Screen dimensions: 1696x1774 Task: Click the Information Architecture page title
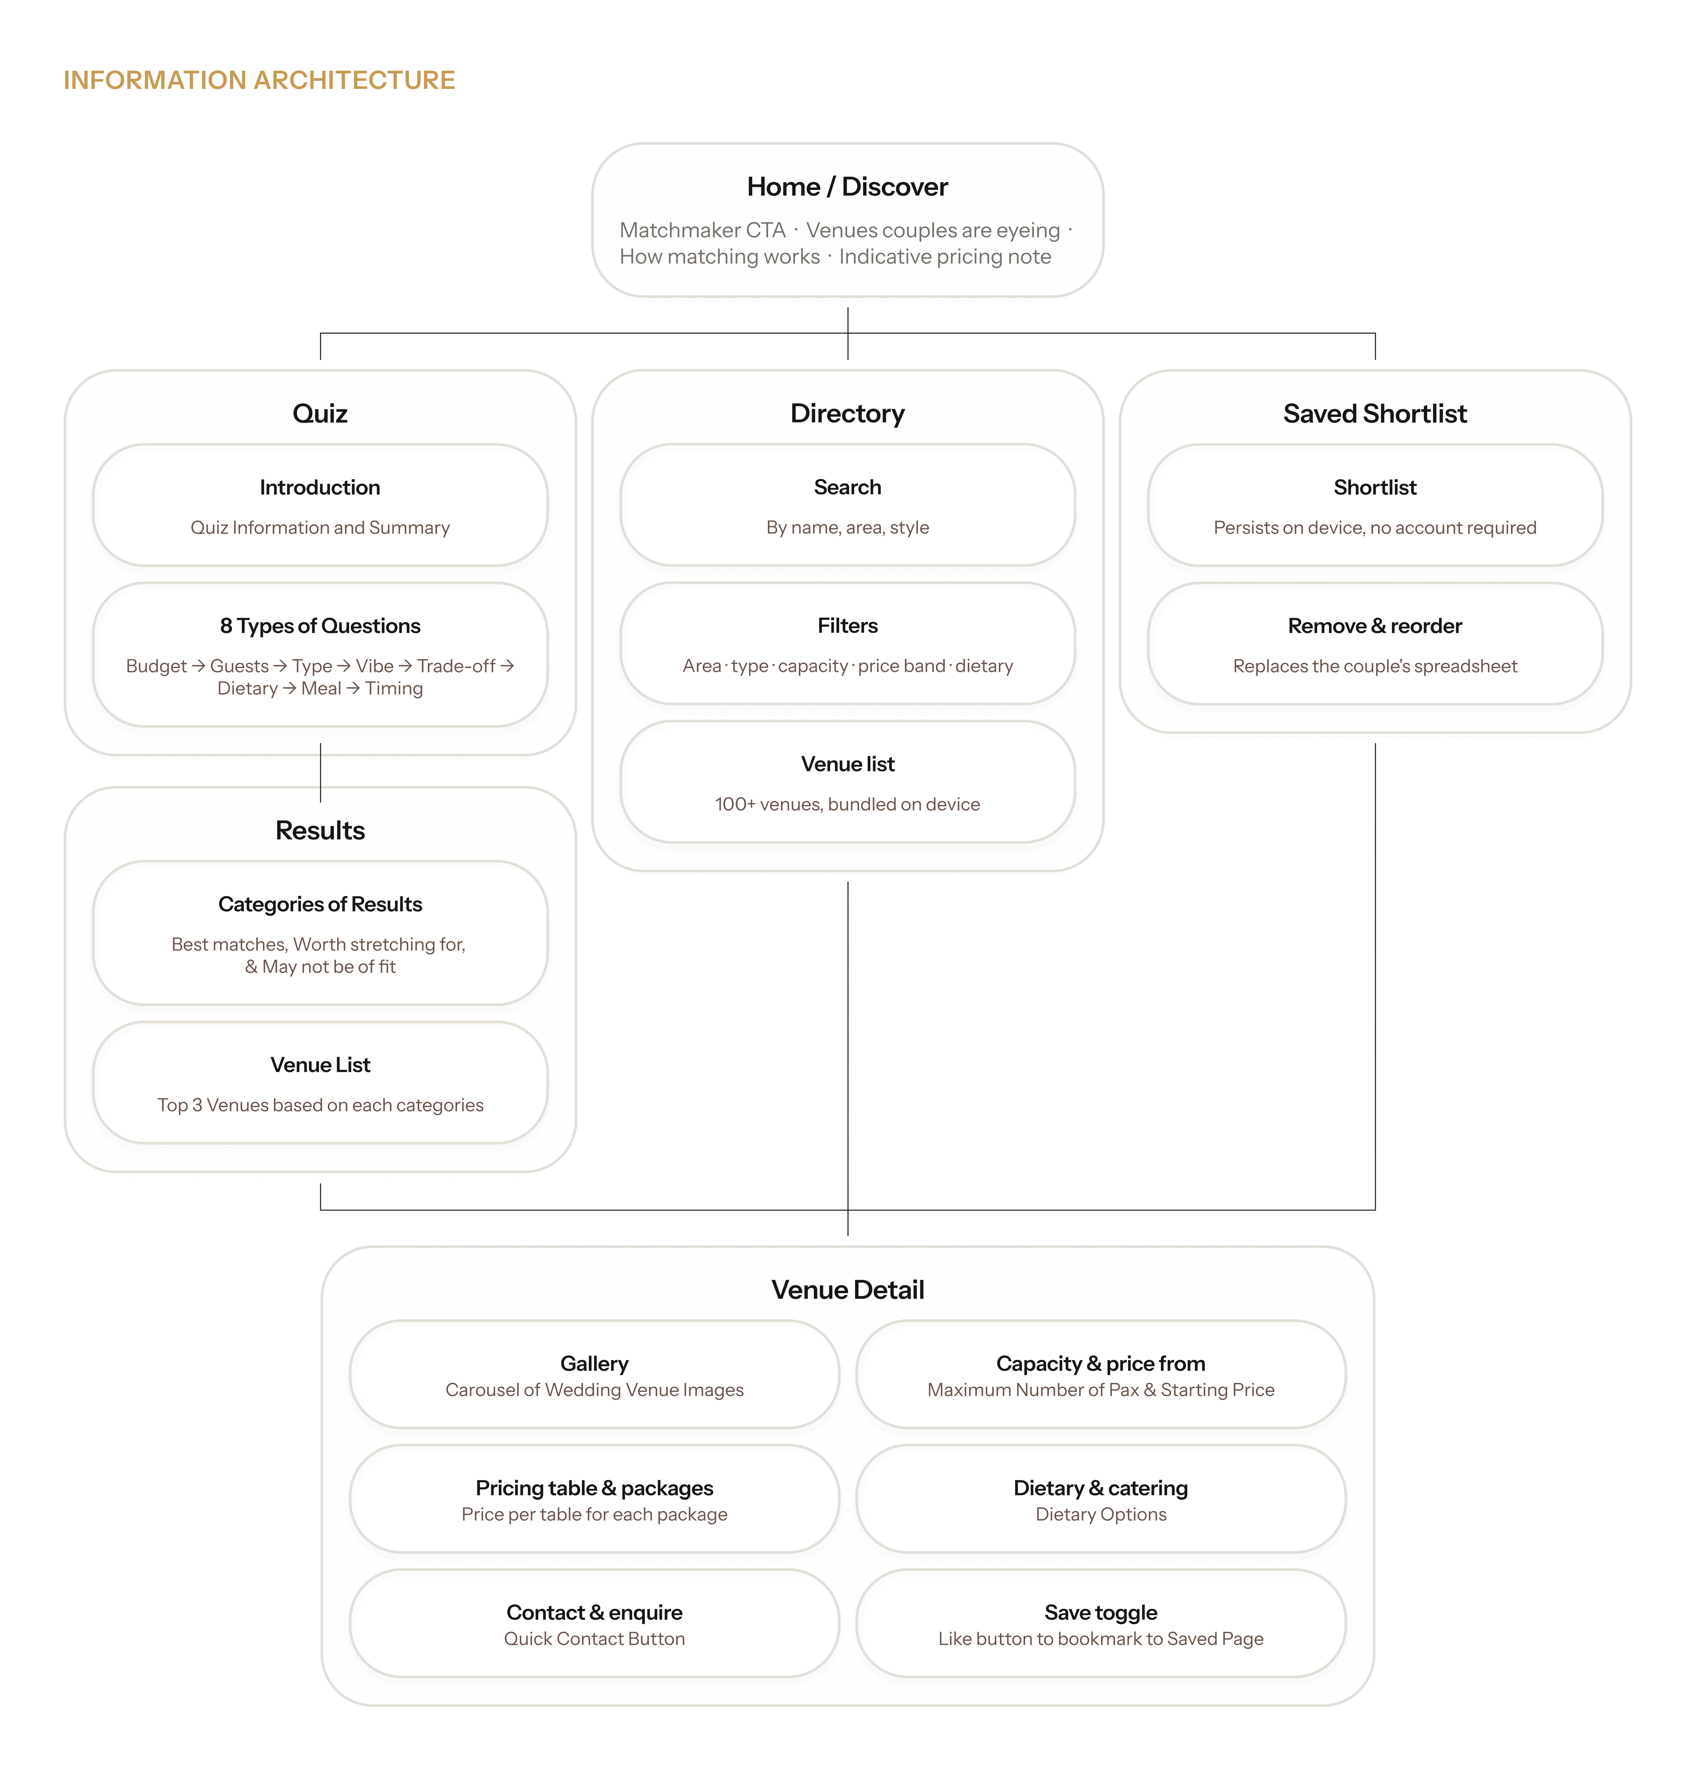260,80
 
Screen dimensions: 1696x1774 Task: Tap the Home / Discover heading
847,187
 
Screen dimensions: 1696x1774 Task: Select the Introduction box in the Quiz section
320,505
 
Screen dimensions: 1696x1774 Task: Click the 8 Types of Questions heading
320,626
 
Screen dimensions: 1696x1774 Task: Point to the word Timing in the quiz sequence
394,689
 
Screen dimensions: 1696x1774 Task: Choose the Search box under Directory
847,505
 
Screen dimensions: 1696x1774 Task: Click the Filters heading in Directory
847,626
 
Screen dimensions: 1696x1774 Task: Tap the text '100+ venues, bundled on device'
847,804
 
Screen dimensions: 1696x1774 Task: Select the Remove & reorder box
1375,644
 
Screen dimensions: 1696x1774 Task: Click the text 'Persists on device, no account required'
1375,528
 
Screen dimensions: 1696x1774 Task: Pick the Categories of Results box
320,933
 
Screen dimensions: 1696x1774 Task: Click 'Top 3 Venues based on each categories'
320,1105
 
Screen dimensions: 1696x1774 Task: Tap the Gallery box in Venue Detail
594,1374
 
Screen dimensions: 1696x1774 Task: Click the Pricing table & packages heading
594,1488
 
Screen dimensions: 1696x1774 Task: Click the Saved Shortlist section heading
1375,414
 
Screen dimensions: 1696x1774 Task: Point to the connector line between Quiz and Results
320,773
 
